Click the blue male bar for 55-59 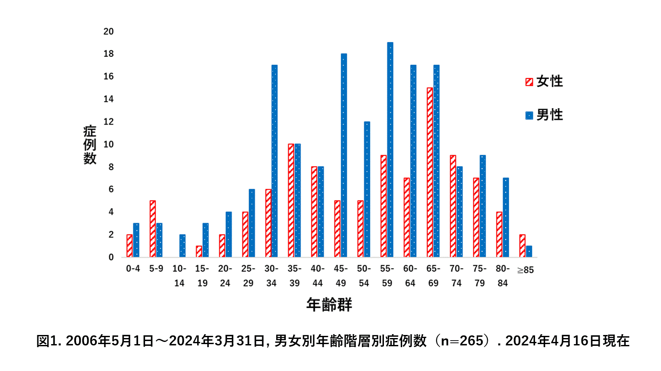[x=390, y=150]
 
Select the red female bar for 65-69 [x=430, y=172]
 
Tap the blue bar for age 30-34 [x=274, y=161]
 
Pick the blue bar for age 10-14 [x=182, y=246]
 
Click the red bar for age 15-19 [x=199, y=251]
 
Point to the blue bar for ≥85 [x=529, y=251]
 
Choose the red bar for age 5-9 [x=153, y=229]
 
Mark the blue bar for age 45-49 [x=344, y=155]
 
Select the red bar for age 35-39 [x=291, y=200]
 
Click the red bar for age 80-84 [x=499, y=234]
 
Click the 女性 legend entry [x=544, y=82]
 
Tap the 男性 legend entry [x=544, y=115]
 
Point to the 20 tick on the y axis [x=109, y=31]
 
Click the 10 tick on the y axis [x=109, y=144]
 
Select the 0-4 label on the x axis [x=133, y=269]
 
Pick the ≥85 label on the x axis [x=525, y=270]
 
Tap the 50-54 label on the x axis [x=364, y=276]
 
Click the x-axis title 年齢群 [x=329, y=305]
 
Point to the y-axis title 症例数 [x=90, y=144]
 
